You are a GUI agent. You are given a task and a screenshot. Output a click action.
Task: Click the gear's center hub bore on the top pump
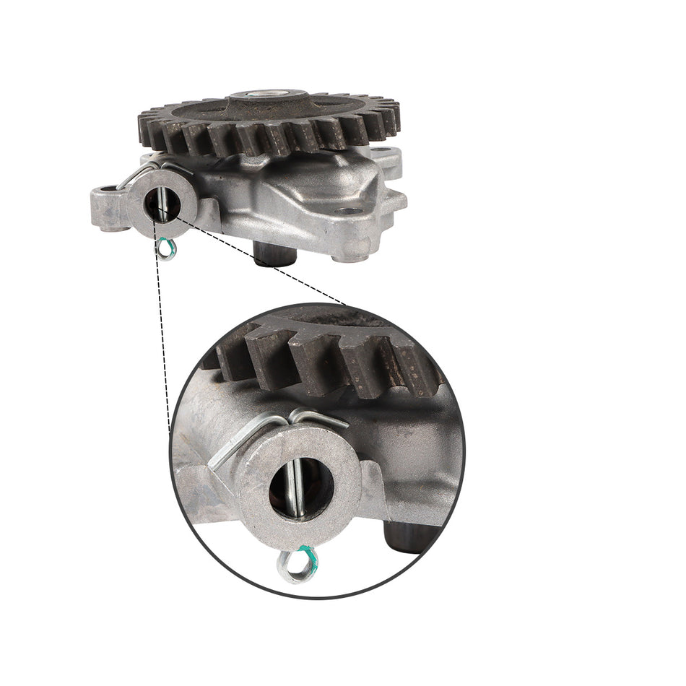click(x=268, y=95)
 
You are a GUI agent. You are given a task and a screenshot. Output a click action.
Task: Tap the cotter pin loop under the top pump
click(x=167, y=249)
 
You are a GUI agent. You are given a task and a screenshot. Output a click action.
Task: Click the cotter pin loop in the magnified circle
click(x=295, y=565)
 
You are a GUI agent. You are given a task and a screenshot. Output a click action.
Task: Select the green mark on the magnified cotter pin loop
click(x=308, y=555)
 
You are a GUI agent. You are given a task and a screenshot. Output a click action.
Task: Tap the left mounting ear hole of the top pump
click(x=109, y=191)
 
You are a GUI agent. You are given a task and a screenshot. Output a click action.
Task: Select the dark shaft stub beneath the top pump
click(x=277, y=253)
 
